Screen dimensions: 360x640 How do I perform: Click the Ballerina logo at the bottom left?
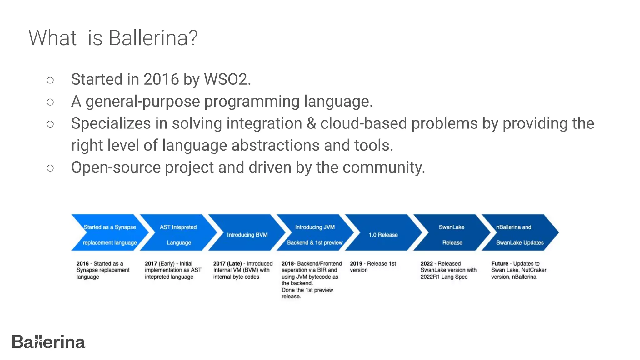(x=48, y=342)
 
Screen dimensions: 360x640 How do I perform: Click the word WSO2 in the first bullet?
(x=227, y=79)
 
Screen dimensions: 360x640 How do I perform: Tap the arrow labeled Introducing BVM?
(x=247, y=234)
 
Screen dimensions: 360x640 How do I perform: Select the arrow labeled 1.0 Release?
(x=383, y=234)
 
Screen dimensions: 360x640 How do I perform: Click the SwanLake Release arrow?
(x=452, y=234)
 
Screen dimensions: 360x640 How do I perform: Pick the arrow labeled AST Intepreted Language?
(x=178, y=234)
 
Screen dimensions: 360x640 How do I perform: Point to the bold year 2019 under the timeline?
(x=356, y=263)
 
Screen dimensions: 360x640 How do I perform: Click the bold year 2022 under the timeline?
(x=427, y=263)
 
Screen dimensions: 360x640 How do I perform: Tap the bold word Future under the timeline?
(x=499, y=263)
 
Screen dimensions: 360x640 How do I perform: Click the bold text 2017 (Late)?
(x=227, y=263)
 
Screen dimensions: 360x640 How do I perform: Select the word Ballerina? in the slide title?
(x=153, y=38)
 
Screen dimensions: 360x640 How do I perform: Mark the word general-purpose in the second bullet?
(x=142, y=101)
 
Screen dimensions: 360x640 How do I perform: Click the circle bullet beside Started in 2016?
(x=50, y=80)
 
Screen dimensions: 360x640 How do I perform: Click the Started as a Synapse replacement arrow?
(x=109, y=234)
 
